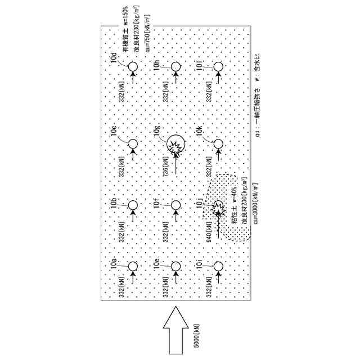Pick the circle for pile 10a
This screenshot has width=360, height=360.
pyautogui.click(x=133, y=266)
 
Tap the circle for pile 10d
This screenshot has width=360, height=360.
pyautogui.click(x=133, y=66)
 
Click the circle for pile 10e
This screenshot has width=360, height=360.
pyautogui.click(x=175, y=266)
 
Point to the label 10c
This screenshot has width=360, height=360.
pyautogui.click(x=114, y=132)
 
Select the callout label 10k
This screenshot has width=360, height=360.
pyautogui.click(x=200, y=132)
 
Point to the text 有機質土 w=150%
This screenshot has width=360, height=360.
pyautogui.click(x=125, y=34)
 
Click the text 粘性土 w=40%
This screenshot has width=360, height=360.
pyautogui.click(x=234, y=214)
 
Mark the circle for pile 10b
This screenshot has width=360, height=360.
pyautogui.click(x=133, y=205)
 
